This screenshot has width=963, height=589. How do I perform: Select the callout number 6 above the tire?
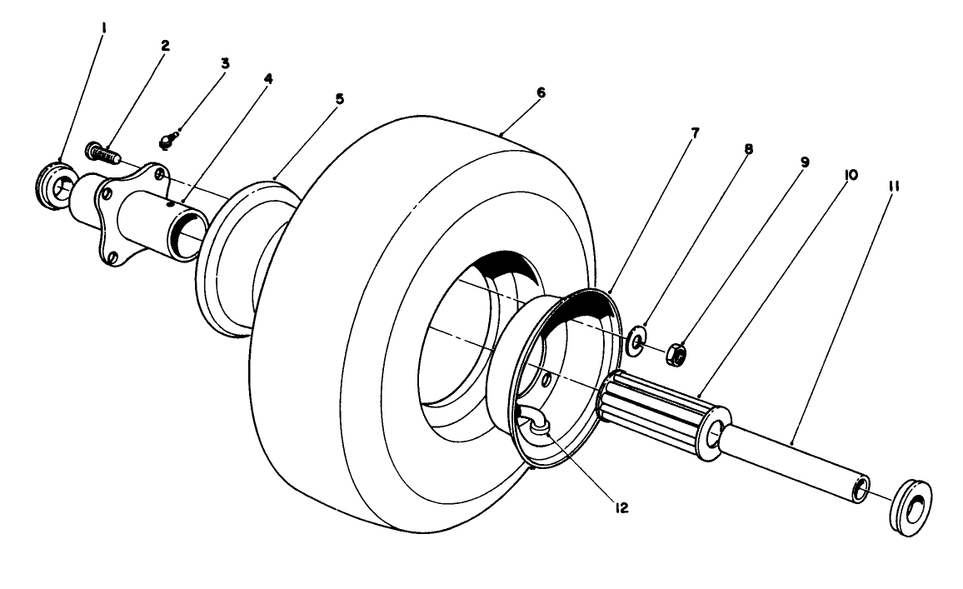541,92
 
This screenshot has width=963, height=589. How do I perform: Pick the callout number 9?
803,162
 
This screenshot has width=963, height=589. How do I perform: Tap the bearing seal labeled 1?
54,182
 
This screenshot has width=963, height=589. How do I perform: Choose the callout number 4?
268,80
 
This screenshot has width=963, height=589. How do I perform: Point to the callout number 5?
339,99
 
